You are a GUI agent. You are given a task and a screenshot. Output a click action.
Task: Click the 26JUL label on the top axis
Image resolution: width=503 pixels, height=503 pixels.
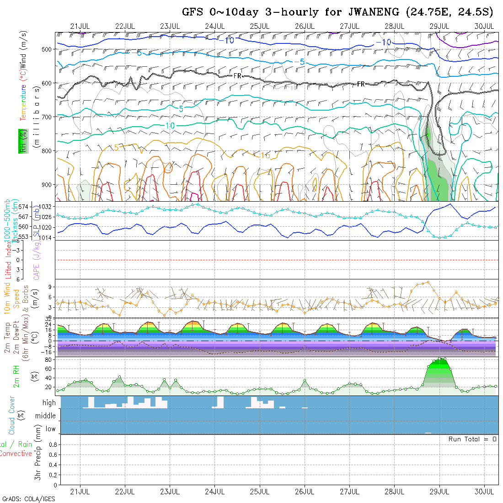(305, 26)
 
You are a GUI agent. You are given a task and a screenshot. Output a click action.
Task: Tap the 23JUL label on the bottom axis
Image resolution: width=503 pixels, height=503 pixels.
(170, 492)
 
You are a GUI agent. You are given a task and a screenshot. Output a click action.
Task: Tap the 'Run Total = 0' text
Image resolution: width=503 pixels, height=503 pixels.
(472, 439)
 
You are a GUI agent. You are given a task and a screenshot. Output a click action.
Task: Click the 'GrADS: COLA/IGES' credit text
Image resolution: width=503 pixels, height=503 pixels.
(28, 499)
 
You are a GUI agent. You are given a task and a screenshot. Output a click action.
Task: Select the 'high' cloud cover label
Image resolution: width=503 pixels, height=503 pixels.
(49, 403)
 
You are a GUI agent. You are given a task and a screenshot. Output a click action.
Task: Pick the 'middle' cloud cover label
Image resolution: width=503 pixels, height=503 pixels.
(46, 416)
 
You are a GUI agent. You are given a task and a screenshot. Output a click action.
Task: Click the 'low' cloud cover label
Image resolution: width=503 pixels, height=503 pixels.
(50, 429)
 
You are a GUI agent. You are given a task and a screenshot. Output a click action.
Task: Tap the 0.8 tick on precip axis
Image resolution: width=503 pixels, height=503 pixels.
(52, 444)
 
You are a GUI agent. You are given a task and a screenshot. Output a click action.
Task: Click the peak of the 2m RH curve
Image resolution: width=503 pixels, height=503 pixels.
(440, 359)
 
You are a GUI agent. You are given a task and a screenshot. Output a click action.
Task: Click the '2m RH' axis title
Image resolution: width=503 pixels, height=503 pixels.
(16, 376)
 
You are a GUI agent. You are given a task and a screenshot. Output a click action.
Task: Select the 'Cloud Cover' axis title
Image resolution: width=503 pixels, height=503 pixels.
(12, 415)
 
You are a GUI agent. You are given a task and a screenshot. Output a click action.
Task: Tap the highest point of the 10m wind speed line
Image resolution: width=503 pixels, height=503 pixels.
(428, 282)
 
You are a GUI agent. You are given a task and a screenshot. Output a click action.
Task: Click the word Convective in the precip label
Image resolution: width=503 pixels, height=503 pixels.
(16, 454)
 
